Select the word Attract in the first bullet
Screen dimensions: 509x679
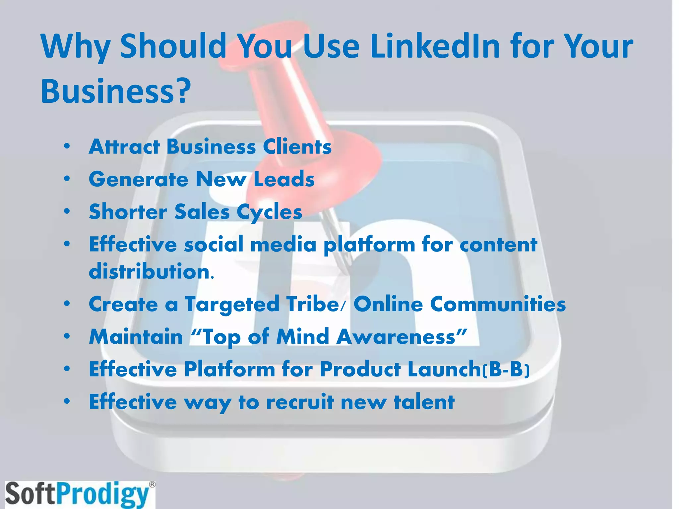coord(124,146)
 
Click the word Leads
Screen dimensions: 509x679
coord(284,179)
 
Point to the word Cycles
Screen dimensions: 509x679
coord(269,212)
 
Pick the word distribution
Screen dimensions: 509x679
coord(151,271)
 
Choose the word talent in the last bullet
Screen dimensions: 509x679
coord(424,402)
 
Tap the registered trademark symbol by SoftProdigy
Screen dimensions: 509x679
coord(152,484)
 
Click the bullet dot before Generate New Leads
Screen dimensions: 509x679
coord(67,179)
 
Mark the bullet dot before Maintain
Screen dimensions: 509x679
coord(67,337)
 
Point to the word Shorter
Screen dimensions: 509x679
coord(128,212)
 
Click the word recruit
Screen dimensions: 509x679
coord(300,402)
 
